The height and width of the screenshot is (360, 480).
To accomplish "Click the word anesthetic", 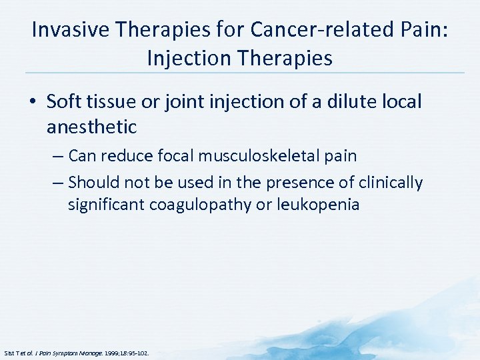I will click(x=91, y=126).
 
